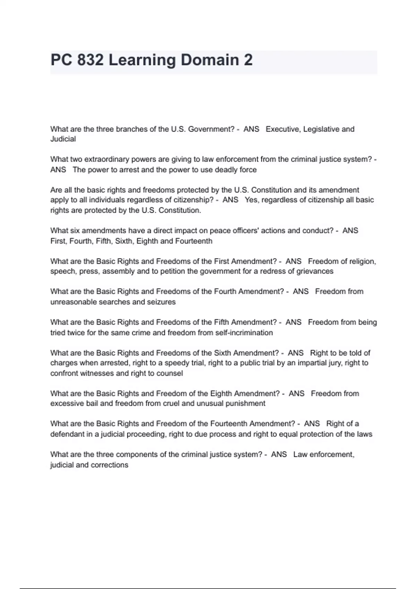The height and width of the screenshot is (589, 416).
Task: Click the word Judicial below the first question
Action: [x=63, y=139]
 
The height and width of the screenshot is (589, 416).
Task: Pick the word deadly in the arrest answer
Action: [x=226, y=170]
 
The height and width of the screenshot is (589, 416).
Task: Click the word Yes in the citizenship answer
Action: [x=251, y=200]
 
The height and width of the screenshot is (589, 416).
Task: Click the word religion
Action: [x=363, y=261]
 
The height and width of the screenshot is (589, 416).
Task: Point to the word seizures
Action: [x=161, y=302]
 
